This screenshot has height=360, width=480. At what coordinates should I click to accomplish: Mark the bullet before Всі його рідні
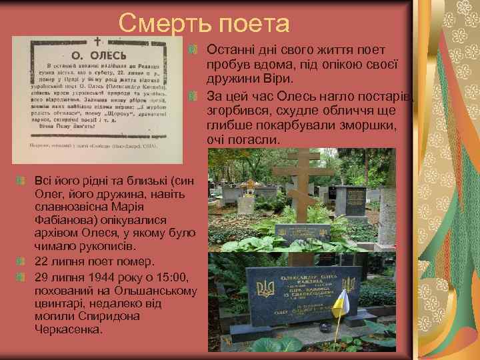click(x=22, y=181)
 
